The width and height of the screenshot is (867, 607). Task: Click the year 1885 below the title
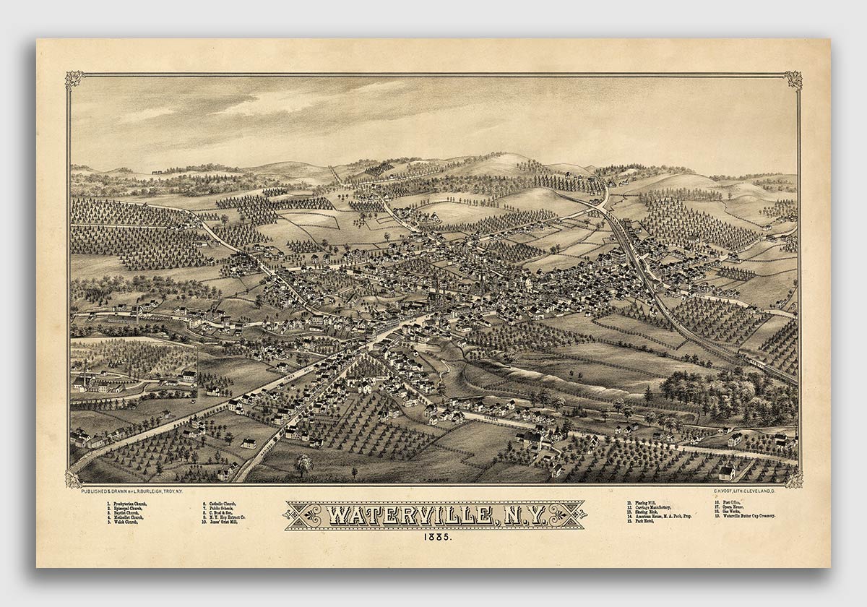click(434, 537)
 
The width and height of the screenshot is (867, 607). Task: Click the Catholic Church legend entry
click(220, 503)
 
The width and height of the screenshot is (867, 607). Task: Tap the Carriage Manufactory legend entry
click(655, 507)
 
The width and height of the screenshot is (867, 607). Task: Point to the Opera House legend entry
click(733, 507)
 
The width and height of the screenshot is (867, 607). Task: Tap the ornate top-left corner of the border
click(74, 79)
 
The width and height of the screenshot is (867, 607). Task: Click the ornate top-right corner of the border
click(793, 79)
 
